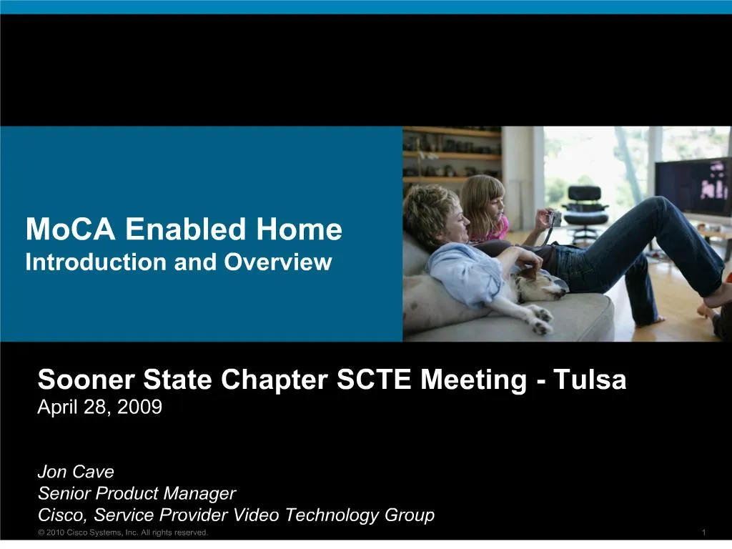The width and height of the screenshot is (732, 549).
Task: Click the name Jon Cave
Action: [x=76, y=473]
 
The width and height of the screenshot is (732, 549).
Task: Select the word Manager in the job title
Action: [x=199, y=493]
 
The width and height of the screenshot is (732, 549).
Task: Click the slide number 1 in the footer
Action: [x=704, y=533]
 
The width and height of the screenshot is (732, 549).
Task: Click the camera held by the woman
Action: [x=553, y=218]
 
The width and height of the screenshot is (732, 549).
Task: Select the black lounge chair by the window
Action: [x=585, y=207]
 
